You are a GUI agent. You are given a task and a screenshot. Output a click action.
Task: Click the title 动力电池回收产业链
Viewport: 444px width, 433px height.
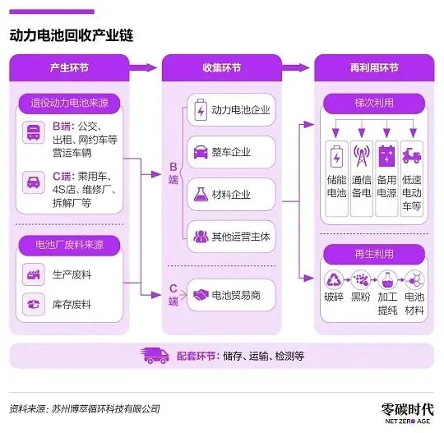[x=72, y=35]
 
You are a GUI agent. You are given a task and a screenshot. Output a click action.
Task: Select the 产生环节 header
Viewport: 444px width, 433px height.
[x=69, y=68]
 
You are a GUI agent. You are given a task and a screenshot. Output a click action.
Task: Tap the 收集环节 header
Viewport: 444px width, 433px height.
[x=222, y=68]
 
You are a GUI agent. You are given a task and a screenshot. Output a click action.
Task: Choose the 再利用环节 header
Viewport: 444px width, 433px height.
[x=374, y=68]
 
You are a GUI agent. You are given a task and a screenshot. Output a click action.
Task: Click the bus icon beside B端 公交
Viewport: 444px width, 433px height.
[x=34, y=132]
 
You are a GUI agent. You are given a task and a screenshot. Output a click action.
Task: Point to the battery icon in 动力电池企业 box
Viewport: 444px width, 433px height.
[x=201, y=110]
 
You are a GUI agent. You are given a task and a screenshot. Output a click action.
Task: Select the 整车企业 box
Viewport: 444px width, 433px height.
[x=231, y=152]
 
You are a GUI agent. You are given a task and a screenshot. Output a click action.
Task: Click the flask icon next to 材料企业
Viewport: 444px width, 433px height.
[x=201, y=195]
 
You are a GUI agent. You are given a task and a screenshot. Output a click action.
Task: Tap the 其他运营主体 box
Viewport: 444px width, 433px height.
[x=231, y=237]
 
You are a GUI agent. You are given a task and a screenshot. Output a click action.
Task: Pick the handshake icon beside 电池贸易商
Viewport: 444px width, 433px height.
[x=201, y=295]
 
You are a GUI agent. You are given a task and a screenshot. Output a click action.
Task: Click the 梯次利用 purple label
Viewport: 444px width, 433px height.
[x=374, y=104]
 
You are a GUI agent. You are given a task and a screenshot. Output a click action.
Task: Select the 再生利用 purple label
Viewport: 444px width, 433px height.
[x=374, y=254]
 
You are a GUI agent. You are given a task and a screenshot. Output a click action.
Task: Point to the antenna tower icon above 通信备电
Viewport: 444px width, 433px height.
[x=362, y=155]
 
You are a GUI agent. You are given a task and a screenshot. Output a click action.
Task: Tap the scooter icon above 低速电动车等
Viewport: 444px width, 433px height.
[x=412, y=155]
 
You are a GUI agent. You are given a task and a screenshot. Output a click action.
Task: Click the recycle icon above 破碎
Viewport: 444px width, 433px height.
[x=334, y=279]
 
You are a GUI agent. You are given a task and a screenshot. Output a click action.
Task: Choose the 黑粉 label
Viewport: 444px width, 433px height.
[x=360, y=297]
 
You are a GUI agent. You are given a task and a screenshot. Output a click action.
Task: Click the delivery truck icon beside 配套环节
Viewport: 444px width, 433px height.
[x=155, y=356]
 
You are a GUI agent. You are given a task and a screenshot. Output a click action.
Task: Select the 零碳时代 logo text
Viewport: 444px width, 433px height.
[x=408, y=409]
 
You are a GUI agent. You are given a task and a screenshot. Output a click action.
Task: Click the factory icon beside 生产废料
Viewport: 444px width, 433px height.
[x=34, y=274]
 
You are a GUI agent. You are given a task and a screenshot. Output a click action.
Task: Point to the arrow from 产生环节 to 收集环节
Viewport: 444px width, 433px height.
[x=143, y=67]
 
